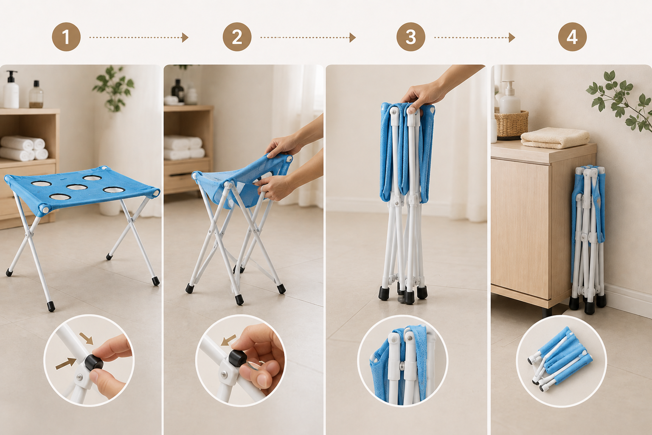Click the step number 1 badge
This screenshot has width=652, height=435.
pos(66,37)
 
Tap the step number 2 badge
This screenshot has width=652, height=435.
pos(237,37)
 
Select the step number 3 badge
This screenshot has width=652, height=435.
pos(411,37)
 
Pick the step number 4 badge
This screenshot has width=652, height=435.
pos(572,37)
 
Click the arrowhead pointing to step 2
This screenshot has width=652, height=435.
pos(185,37)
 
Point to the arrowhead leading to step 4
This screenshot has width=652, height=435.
pos(511,37)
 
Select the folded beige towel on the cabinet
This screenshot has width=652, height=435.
pos(554,138)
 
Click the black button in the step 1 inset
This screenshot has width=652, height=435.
pos(94,362)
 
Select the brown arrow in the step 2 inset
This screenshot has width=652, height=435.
pos(228,340)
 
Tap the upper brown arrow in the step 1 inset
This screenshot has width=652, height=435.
pos(87,339)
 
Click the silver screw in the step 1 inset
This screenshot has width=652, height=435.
pos(78,377)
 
